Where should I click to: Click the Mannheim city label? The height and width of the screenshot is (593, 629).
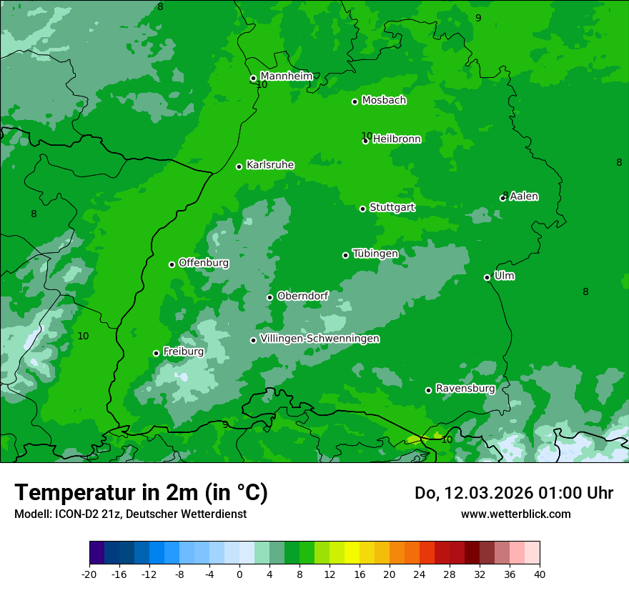point(286,76)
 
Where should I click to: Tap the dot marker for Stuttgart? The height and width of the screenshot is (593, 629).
point(362,209)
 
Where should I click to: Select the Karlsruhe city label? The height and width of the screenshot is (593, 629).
point(269,165)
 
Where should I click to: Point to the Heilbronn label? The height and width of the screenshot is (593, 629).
point(397,139)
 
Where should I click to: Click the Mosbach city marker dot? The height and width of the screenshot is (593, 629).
point(355,101)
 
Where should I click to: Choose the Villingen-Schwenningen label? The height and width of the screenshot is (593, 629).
point(320,339)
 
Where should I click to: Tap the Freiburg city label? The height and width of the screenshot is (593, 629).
point(183,352)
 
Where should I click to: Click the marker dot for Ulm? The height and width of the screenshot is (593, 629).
point(487,277)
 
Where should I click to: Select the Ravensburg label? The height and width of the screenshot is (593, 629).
point(465,389)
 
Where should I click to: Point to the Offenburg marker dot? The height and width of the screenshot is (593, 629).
point(172,264)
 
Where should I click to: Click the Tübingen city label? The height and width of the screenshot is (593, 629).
point(375,254)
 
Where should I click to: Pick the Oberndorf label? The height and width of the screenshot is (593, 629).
point(302,296)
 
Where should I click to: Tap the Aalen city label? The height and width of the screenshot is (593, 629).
point(524,196)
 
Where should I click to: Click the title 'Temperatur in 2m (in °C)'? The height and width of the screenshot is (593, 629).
point(141,492)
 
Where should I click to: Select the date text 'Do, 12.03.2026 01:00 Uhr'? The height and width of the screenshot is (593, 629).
point(513,493)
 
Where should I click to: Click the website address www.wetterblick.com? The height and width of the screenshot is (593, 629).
point(515,514)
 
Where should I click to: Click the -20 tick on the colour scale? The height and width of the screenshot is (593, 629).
point(89,574)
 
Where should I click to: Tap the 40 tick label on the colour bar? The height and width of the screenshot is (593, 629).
point(539,574)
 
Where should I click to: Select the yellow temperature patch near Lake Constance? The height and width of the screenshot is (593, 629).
point(415,439)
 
